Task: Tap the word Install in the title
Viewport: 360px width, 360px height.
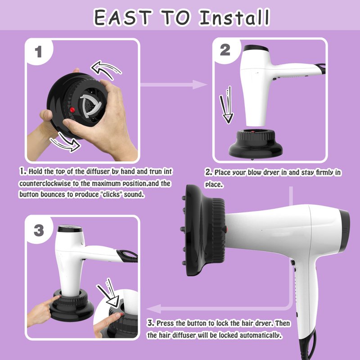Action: pos(234,18)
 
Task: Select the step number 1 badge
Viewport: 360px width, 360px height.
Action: pos(38,52)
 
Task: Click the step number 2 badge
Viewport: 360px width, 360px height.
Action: pos(225,50)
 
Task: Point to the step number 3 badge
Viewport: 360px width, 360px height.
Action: pos(39,230)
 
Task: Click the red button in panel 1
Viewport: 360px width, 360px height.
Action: pos(72,110)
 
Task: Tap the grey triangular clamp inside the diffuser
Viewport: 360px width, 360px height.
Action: pos(91,105)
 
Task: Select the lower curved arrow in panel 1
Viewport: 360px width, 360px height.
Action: pos(65,143)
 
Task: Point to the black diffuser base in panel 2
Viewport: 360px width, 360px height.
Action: pos(255,144)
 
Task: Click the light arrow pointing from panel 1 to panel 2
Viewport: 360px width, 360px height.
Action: pos(174,85)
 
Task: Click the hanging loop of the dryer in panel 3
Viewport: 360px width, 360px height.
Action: pos(127,256)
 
